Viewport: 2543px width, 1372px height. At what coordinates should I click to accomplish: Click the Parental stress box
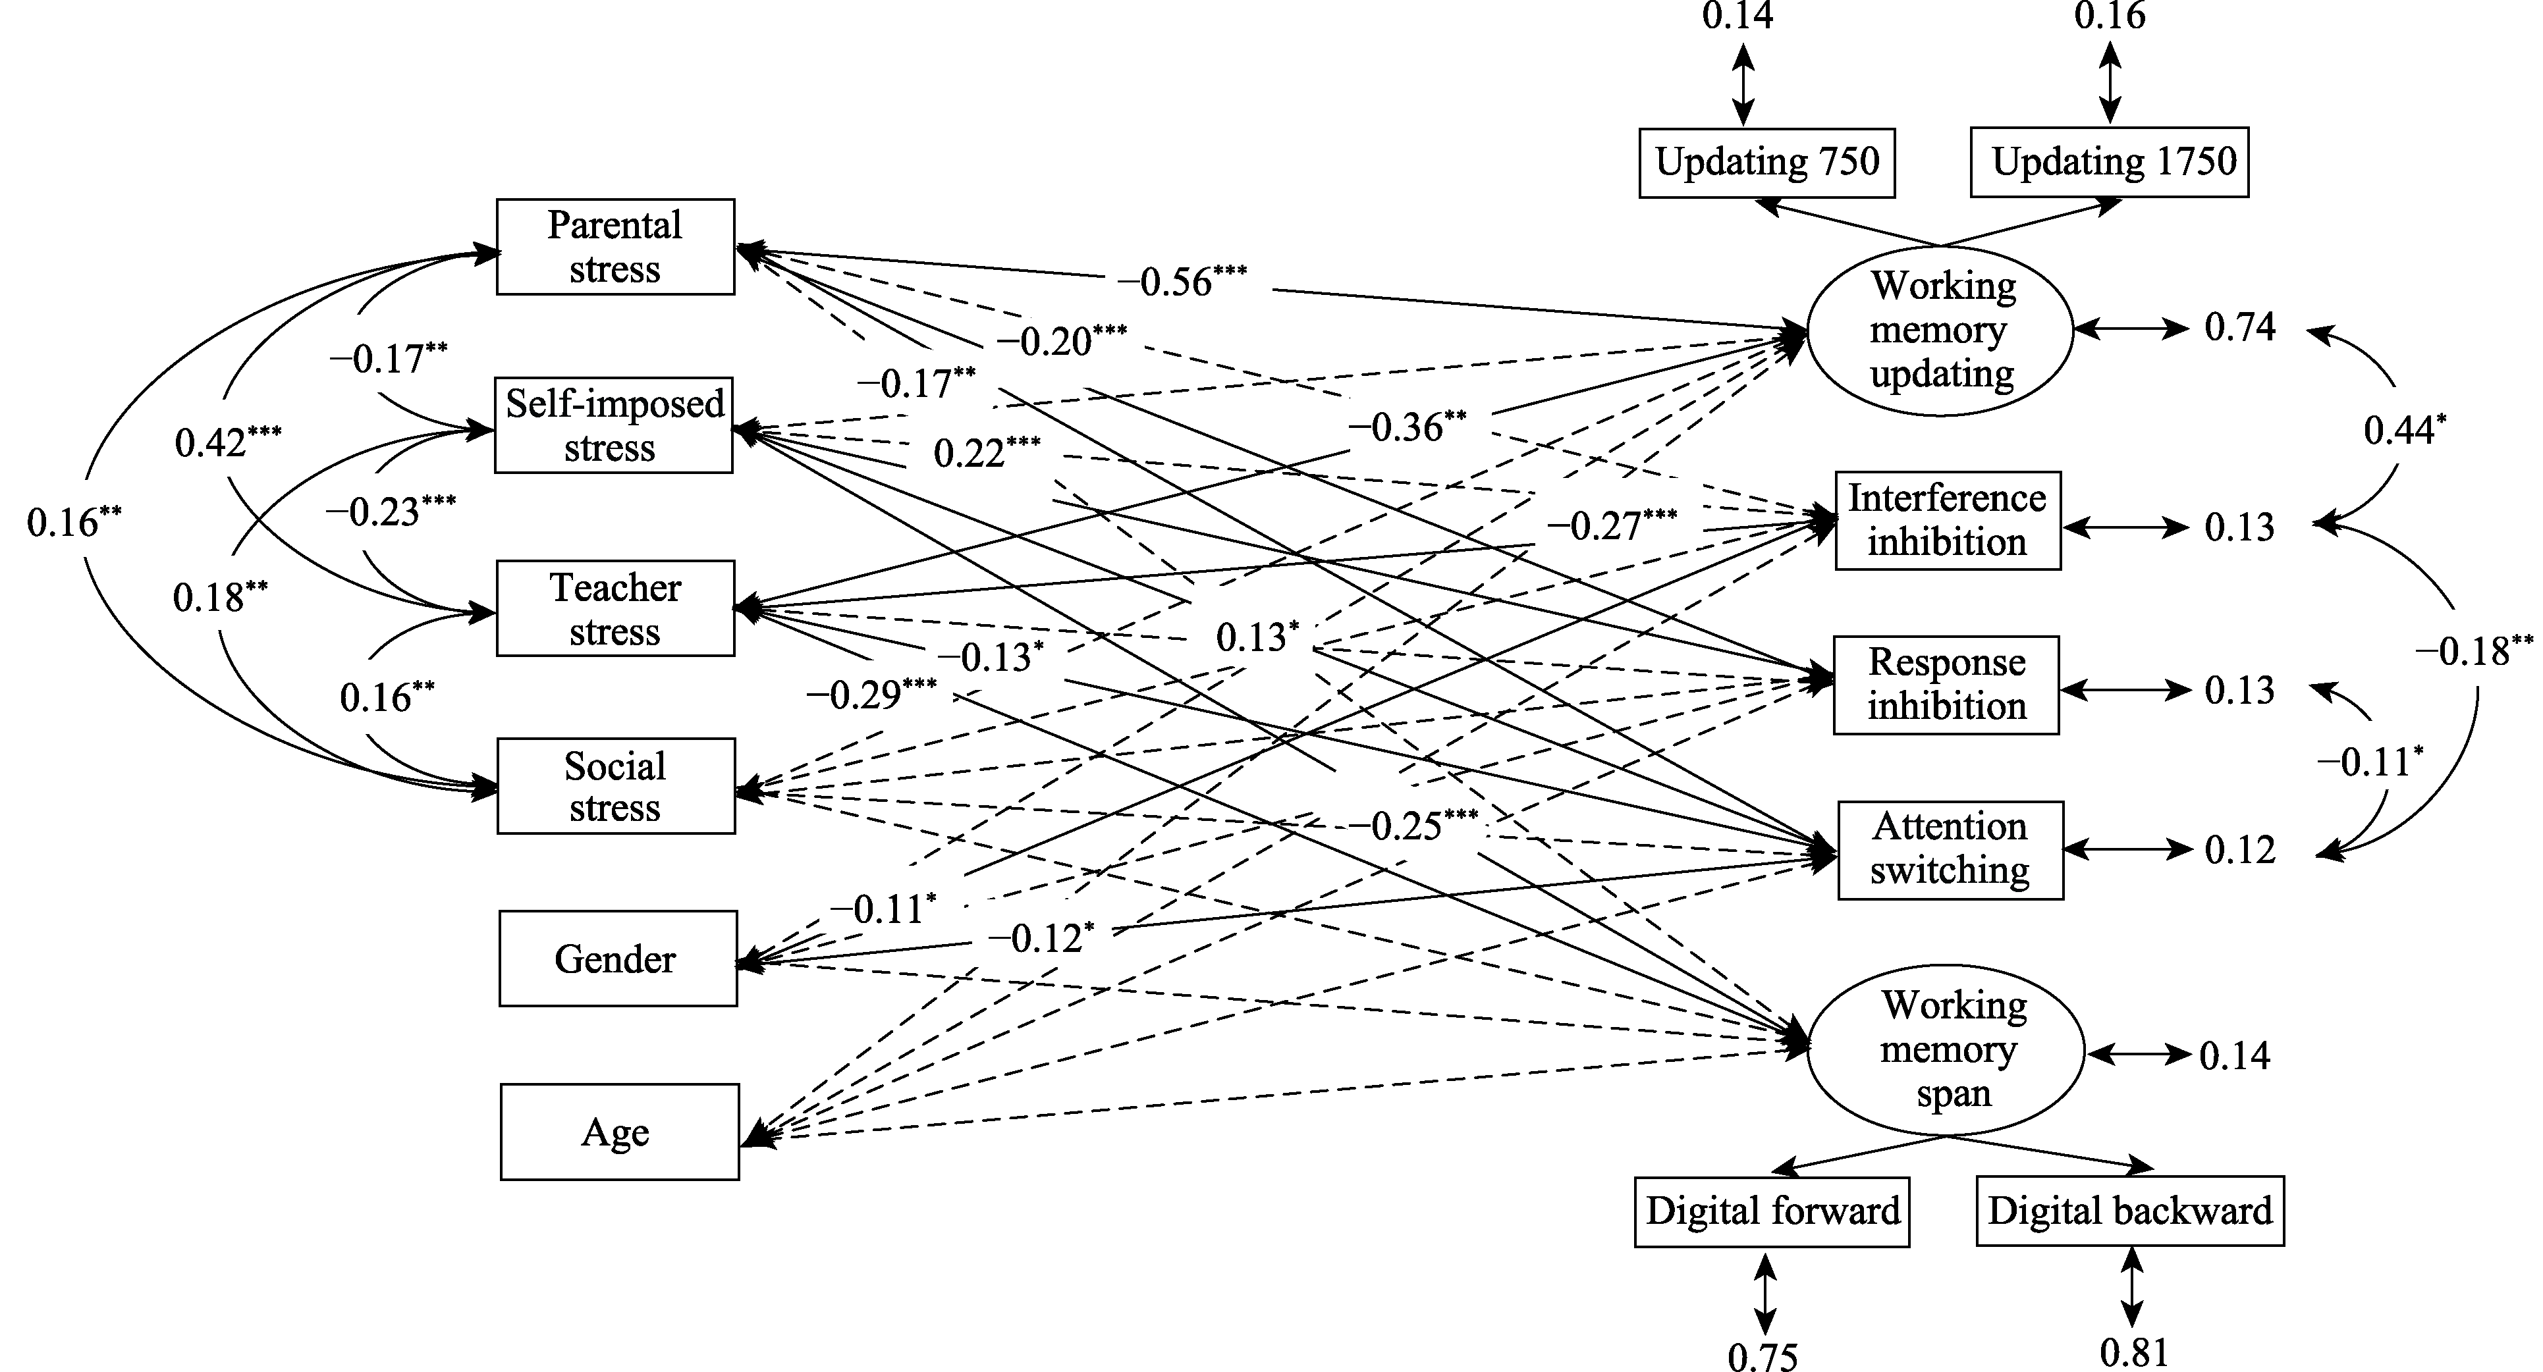(x=615, y=247)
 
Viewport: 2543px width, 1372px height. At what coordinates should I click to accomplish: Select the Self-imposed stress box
(x=613, y=425)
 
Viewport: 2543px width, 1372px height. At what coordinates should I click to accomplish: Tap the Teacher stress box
(x=615, y=608)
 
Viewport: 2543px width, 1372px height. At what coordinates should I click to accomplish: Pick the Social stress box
(x=616, y=785)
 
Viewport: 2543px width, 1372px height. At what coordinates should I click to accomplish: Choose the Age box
(x=619, y=1132)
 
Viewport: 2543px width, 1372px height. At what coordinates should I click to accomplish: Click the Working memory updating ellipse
(x=1940, y=330)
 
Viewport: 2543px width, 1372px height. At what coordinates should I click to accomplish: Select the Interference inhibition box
(x=1948, y=520)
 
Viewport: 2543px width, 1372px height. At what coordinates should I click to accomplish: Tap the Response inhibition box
(x=1946, y=685)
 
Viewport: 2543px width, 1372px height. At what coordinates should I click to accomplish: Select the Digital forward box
(x=1772, y=1211)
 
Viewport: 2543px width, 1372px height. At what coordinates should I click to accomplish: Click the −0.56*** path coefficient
(x=1182, y=281)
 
